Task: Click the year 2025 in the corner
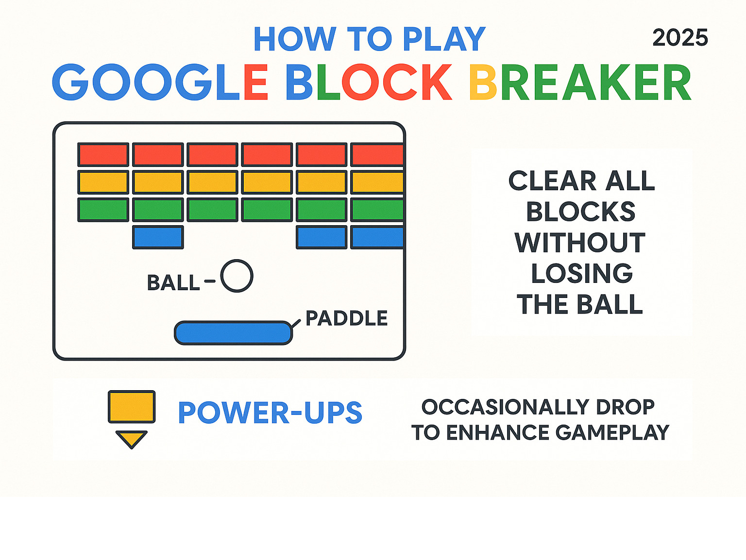[x=680, y=38]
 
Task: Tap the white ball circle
[x=237, y=276]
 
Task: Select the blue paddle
[x=233, y=333]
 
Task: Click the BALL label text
[x=173, y=283]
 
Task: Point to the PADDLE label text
[x=347, y=318]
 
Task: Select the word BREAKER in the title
[x=580, y=82]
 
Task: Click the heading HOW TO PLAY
[x=369, y=39]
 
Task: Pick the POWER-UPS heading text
[x=270, y=413]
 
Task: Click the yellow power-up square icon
[x=132, y=407]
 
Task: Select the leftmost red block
[x=103, y=155]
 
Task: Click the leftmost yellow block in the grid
[x=103, y=182]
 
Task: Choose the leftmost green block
[x=103, y=210]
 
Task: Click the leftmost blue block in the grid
[x=158, y=237]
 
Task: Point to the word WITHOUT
[x=580, y=243]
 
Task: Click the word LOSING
[x=582, y=273]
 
